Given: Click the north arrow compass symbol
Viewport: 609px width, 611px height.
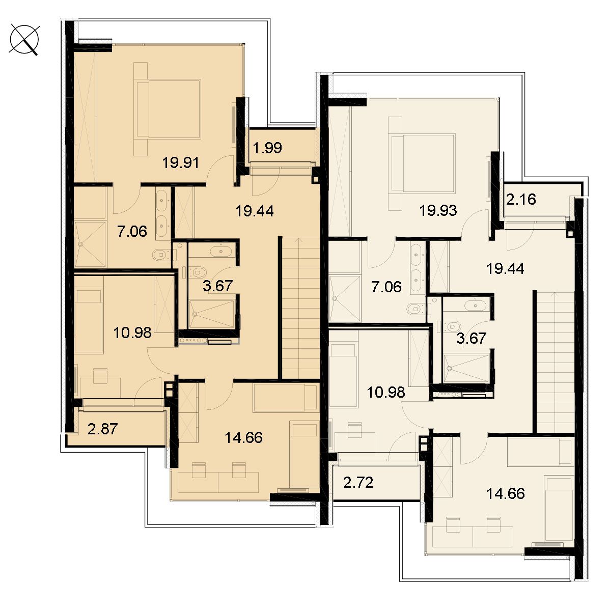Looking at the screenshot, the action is click(24, 40).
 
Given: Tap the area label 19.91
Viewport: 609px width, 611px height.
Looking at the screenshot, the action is click(180, 162).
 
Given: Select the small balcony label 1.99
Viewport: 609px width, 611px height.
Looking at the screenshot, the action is click(267, 148).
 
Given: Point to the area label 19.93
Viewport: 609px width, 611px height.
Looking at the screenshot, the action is click(438, 210).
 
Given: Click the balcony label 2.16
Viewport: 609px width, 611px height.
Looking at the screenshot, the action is click(521, 199).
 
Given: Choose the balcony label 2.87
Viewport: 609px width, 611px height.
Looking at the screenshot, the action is click(102, 429).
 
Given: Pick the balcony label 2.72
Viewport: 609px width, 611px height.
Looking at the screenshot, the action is click(358, 483).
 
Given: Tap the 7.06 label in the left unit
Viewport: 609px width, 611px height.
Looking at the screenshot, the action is click(132, 232).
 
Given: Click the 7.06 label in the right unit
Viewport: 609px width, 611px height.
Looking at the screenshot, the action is click(386, 287).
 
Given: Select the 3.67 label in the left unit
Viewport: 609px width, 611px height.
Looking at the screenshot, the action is click(217, 286).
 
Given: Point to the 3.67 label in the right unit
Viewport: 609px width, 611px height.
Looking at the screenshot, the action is click(471, 338).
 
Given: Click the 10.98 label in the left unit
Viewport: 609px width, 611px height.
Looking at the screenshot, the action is click(132, 333).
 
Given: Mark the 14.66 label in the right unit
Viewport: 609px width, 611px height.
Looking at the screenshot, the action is click(506, 494).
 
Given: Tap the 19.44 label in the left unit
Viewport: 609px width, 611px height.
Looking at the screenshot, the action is click(255, 211).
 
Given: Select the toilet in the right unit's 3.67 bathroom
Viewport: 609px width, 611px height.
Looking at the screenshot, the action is click(453, 326).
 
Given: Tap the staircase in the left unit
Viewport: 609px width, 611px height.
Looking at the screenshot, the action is click(300, 308).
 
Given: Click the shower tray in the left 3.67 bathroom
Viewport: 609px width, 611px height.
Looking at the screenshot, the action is click(211, 314).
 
